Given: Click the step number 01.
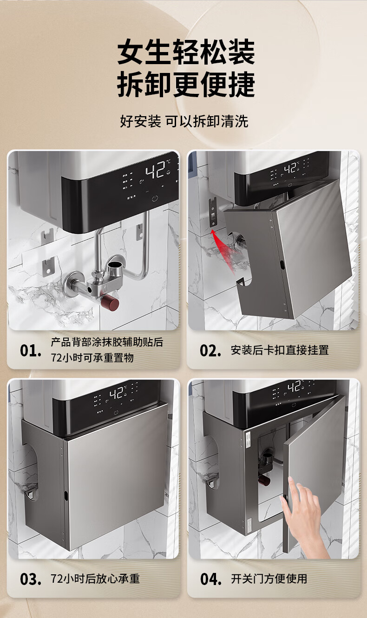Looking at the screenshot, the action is point(30,351).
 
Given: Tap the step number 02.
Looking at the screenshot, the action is point(210,351).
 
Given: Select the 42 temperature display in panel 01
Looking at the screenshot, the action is point(155,169).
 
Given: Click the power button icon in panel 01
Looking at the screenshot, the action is point(155,198).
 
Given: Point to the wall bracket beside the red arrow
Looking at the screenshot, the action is point(213,213).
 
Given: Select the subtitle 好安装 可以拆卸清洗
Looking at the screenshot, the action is point(184,121).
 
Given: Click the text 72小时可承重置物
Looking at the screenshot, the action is point(92,358).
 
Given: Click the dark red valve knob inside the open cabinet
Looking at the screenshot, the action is point(265,480).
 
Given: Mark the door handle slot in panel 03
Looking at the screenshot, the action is point(66,495).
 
